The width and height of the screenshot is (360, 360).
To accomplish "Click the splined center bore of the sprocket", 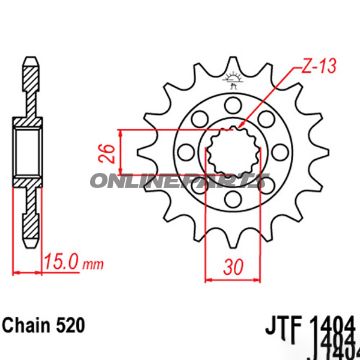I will tap(237, 156).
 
